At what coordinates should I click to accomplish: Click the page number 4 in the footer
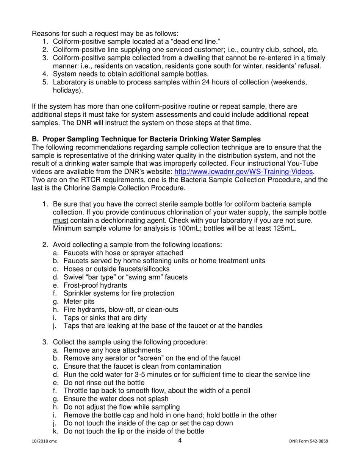click(180, 440)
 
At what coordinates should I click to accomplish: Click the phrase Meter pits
click(79, 302)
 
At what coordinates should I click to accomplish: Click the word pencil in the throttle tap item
click(239, 391)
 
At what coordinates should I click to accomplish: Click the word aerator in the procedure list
click(118, 358)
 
